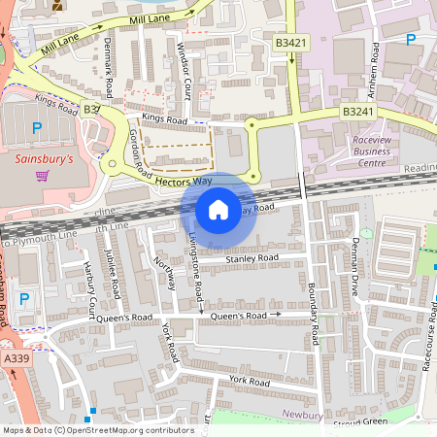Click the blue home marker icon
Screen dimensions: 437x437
click(218, 210)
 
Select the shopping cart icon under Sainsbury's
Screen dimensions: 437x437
click(42, 176)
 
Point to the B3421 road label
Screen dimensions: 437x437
click(291, 44)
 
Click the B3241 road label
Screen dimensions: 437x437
click(358, 113)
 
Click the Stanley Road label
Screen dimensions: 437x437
click(252, 258)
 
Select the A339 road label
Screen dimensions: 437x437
click(15, 359)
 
